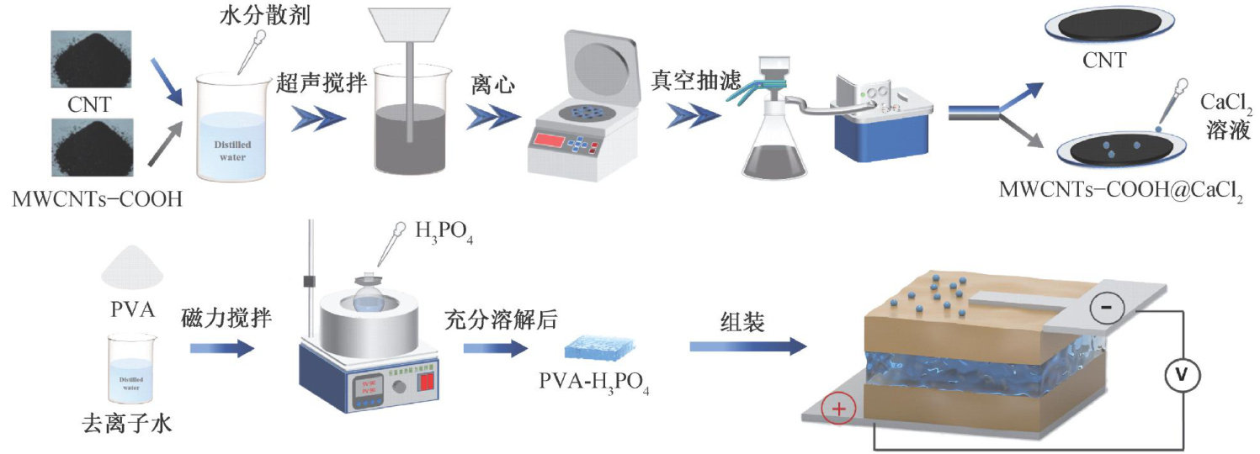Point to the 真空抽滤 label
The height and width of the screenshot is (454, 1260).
pyautogui.click(x=694, y=82)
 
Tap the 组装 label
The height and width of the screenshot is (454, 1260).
pyautogui.click(x=742, y=322)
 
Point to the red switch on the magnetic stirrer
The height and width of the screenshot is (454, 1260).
pyautogui.click(x=428, y=383)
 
